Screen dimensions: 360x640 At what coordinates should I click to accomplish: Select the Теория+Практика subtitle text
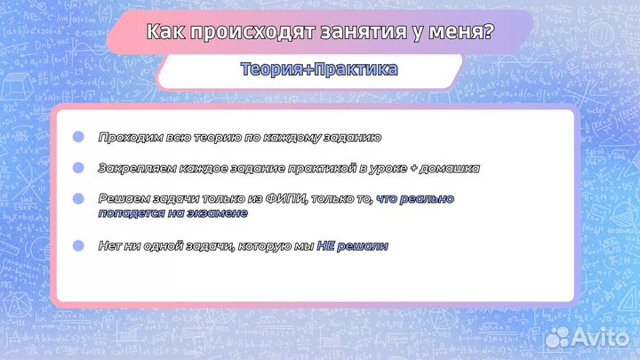tap(318, 69)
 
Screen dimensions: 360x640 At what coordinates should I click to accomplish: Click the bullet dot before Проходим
tap(79, 138)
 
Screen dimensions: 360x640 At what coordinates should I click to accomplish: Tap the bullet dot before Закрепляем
tap(79, 168)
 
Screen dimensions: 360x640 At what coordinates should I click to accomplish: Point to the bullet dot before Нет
tap(79, 244)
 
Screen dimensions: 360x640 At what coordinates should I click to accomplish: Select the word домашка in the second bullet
tap(451, 168)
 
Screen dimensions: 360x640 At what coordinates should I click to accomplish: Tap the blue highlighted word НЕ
tap(326, 245)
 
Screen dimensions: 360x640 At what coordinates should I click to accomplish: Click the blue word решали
tap(364, 245)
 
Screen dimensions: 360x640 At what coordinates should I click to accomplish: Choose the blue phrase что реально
tap(414, 199)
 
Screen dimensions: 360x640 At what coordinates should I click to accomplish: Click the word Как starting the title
tap(164, 32)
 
